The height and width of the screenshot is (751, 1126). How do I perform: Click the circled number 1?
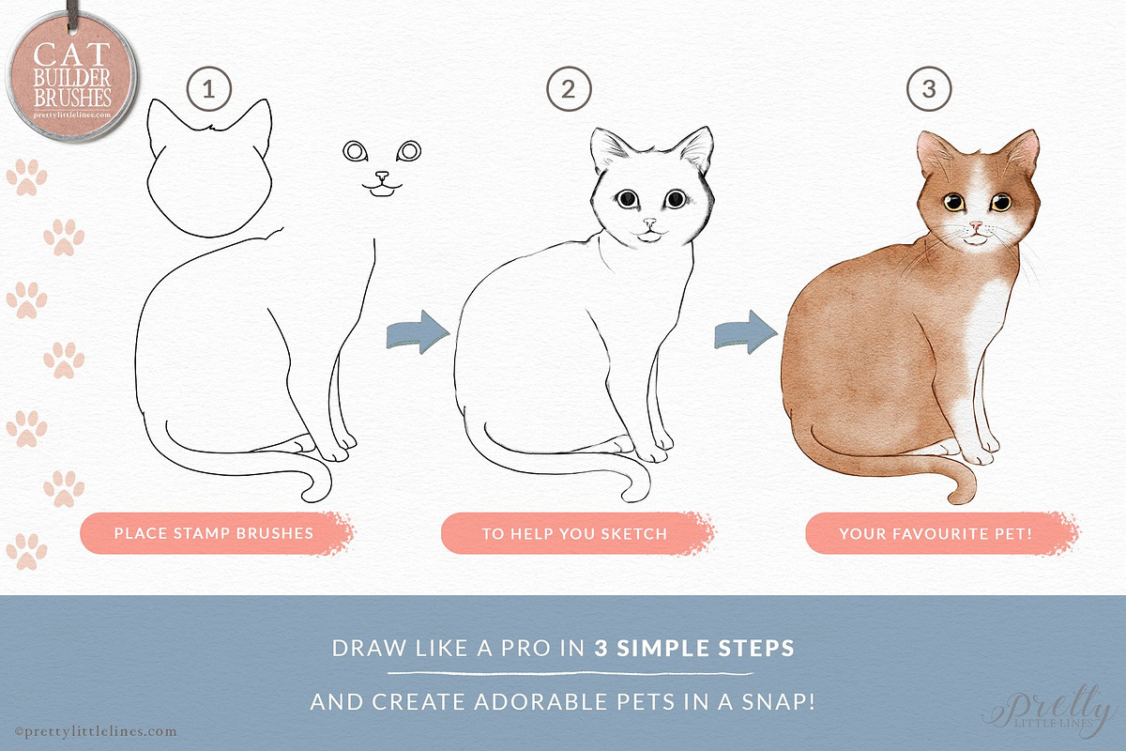208,89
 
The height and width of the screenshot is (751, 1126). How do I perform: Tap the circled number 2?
569,89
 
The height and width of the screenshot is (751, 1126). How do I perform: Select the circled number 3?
928,89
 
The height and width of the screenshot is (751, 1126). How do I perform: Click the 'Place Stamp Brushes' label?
214,533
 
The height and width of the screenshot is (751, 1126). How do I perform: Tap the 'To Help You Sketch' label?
574,534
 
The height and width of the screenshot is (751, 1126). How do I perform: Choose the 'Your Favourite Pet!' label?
936,534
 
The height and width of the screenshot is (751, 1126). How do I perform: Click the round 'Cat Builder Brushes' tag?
72,75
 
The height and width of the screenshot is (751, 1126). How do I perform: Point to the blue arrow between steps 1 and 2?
418,331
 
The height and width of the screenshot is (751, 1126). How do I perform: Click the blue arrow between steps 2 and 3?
746,331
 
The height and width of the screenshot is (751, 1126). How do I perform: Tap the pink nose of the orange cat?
976,226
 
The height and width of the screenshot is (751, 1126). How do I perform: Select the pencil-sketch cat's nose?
649,222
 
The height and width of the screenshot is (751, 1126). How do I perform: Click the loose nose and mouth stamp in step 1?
382,184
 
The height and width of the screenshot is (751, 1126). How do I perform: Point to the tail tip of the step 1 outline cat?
309,496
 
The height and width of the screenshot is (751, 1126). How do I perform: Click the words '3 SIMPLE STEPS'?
694,648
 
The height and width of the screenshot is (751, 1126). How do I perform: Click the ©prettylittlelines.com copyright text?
96,731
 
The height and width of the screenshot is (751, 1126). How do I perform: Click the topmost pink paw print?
26,177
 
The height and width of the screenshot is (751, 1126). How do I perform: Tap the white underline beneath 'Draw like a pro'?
571,673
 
